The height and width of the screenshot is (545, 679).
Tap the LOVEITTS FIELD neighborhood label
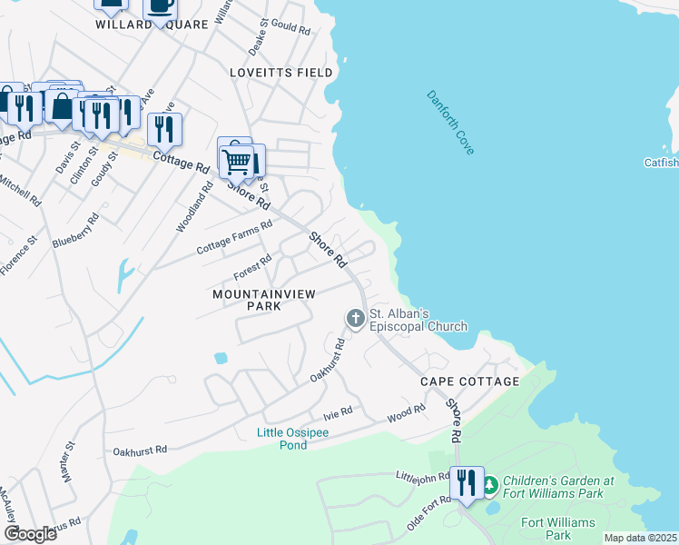(281, 72)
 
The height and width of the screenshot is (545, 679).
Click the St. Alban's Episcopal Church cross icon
(355, 318)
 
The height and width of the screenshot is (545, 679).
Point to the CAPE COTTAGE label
(469, 381)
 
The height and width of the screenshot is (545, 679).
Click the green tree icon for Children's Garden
(490, 487)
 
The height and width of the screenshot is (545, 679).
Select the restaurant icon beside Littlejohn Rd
(467, 481)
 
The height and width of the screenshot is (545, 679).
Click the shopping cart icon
(236, 163)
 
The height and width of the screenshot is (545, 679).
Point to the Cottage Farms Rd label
(234, 237)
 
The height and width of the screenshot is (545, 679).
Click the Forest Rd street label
(252, 265)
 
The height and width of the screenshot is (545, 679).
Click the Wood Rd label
(406, 413)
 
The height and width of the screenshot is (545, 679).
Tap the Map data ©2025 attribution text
(640, 538)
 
